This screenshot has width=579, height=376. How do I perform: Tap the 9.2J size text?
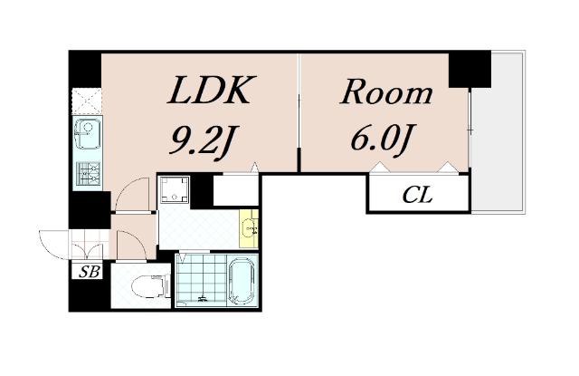pos(204,140)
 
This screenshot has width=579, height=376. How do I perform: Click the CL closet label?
pos(417,195)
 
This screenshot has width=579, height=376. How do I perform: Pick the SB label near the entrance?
pos(90,272)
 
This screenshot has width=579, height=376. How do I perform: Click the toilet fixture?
pos(150,286)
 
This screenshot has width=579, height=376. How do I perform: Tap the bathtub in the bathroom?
pos(242,281)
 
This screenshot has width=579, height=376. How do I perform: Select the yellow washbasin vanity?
pos(249,228)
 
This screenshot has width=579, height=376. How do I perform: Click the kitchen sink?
pos(87,132)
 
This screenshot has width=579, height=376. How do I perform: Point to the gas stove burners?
pos(88,173)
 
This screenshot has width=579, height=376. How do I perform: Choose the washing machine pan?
pos(175,189)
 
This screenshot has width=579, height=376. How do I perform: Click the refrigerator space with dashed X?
pos(87,101)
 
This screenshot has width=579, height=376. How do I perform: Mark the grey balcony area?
pos(498,132)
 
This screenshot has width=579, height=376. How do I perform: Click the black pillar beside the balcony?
pos(470,70)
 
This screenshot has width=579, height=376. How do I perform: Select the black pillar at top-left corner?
pos(85,70)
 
